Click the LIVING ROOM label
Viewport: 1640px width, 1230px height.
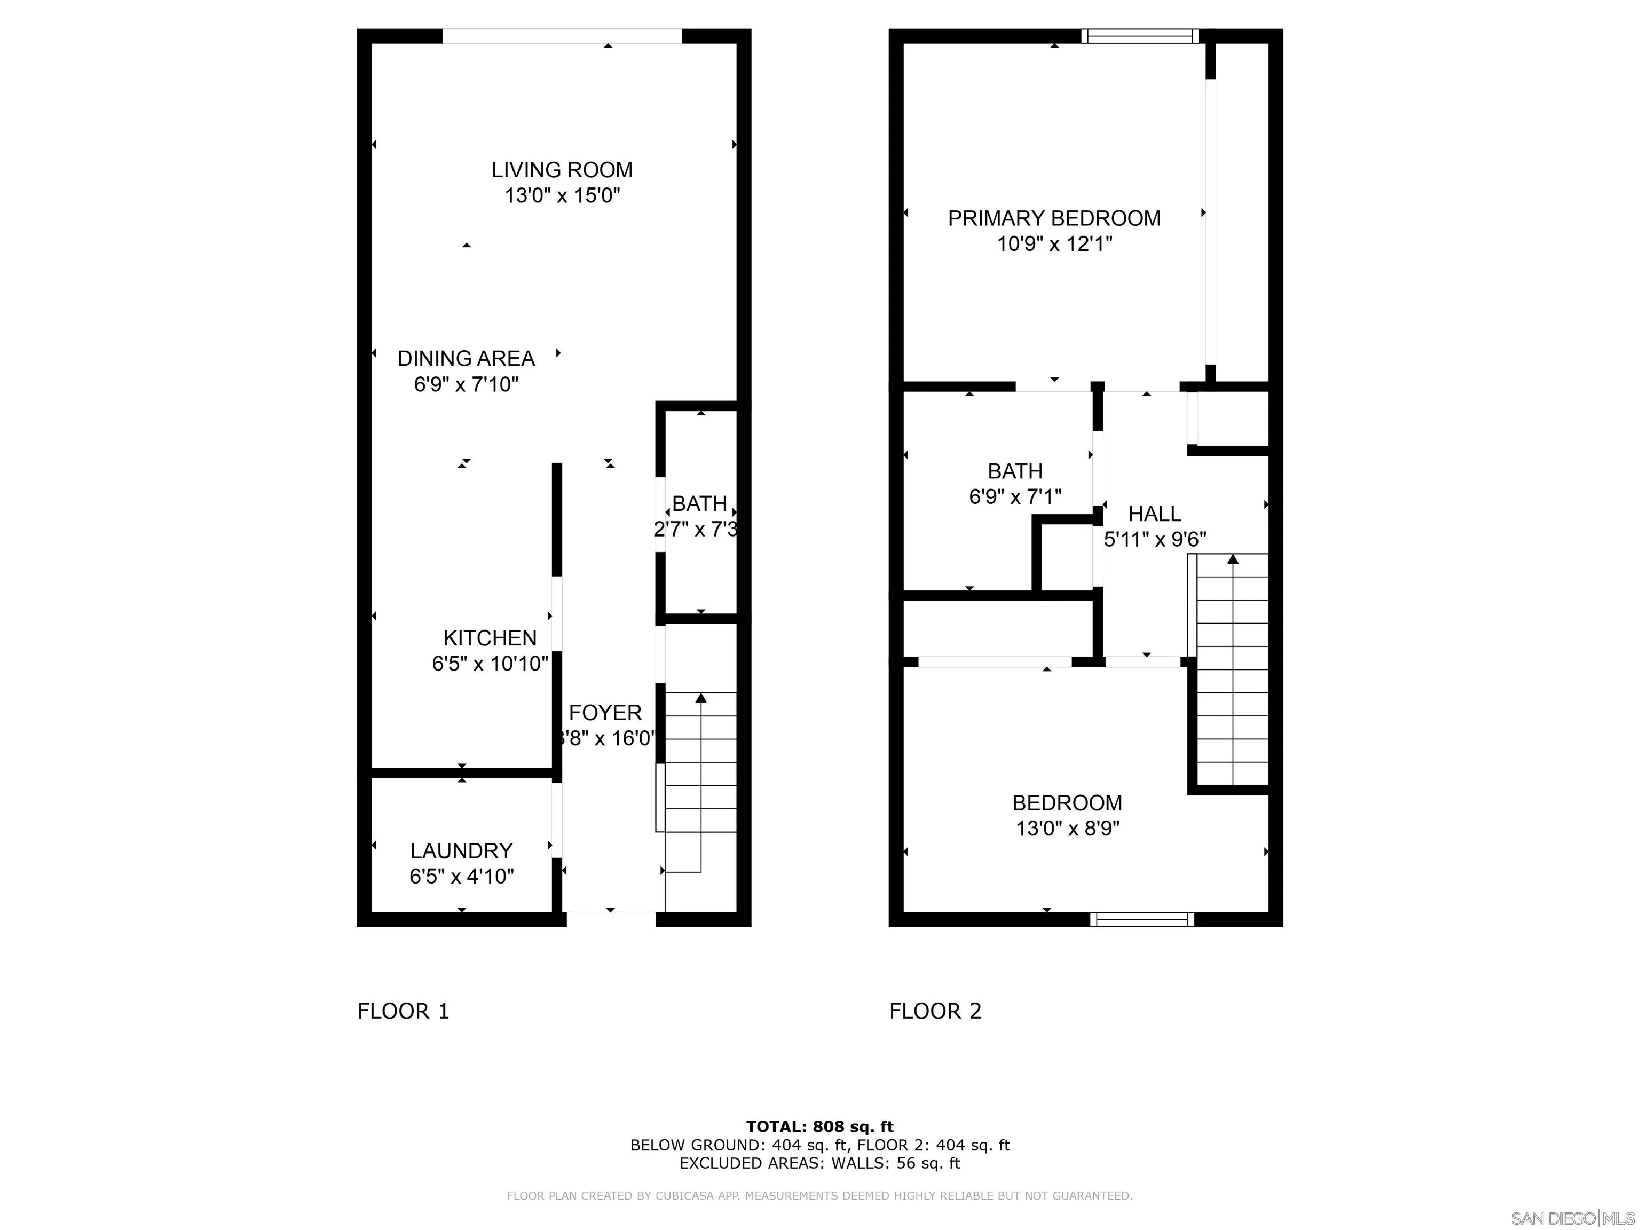[562, 170]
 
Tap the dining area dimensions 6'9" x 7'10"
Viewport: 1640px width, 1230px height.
[466, 384]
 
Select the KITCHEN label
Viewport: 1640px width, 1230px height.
[490, 637]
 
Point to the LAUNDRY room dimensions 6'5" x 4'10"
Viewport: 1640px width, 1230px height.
[461, 877]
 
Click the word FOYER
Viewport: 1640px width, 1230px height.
[605, 713]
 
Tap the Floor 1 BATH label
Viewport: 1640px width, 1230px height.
[699, 503]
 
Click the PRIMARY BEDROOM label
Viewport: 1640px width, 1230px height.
[1053, 218]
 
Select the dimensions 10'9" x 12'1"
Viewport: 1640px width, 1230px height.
[1053, 244]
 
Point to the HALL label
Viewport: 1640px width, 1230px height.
[1154, 514]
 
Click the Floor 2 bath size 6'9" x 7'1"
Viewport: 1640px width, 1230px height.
[1015, 496]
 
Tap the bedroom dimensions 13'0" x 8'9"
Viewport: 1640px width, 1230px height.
[1067, 828]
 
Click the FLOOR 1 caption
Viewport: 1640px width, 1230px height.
[404, 1011]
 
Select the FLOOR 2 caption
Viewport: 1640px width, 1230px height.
[935, 1011]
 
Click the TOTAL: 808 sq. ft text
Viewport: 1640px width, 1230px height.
[819, 1127]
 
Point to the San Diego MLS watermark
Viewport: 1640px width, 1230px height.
[1572, 1218]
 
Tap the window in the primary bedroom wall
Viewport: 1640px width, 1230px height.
[1140, 36]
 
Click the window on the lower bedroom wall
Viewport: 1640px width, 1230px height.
[1142, 919]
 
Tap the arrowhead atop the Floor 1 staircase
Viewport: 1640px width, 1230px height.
[700, 698]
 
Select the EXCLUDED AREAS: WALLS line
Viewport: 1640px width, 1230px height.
[819, 1163]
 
